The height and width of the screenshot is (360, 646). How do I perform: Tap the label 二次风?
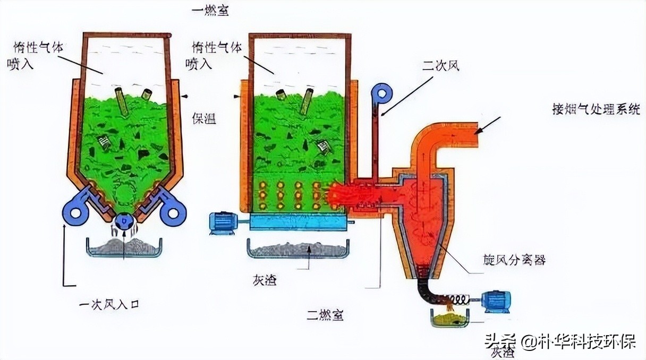tap(440, 66)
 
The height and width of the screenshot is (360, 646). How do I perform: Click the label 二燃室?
tap(324, 315)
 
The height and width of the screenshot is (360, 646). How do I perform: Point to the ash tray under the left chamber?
tap(123, 247)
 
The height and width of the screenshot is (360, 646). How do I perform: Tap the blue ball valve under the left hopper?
tap(124, 222)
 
